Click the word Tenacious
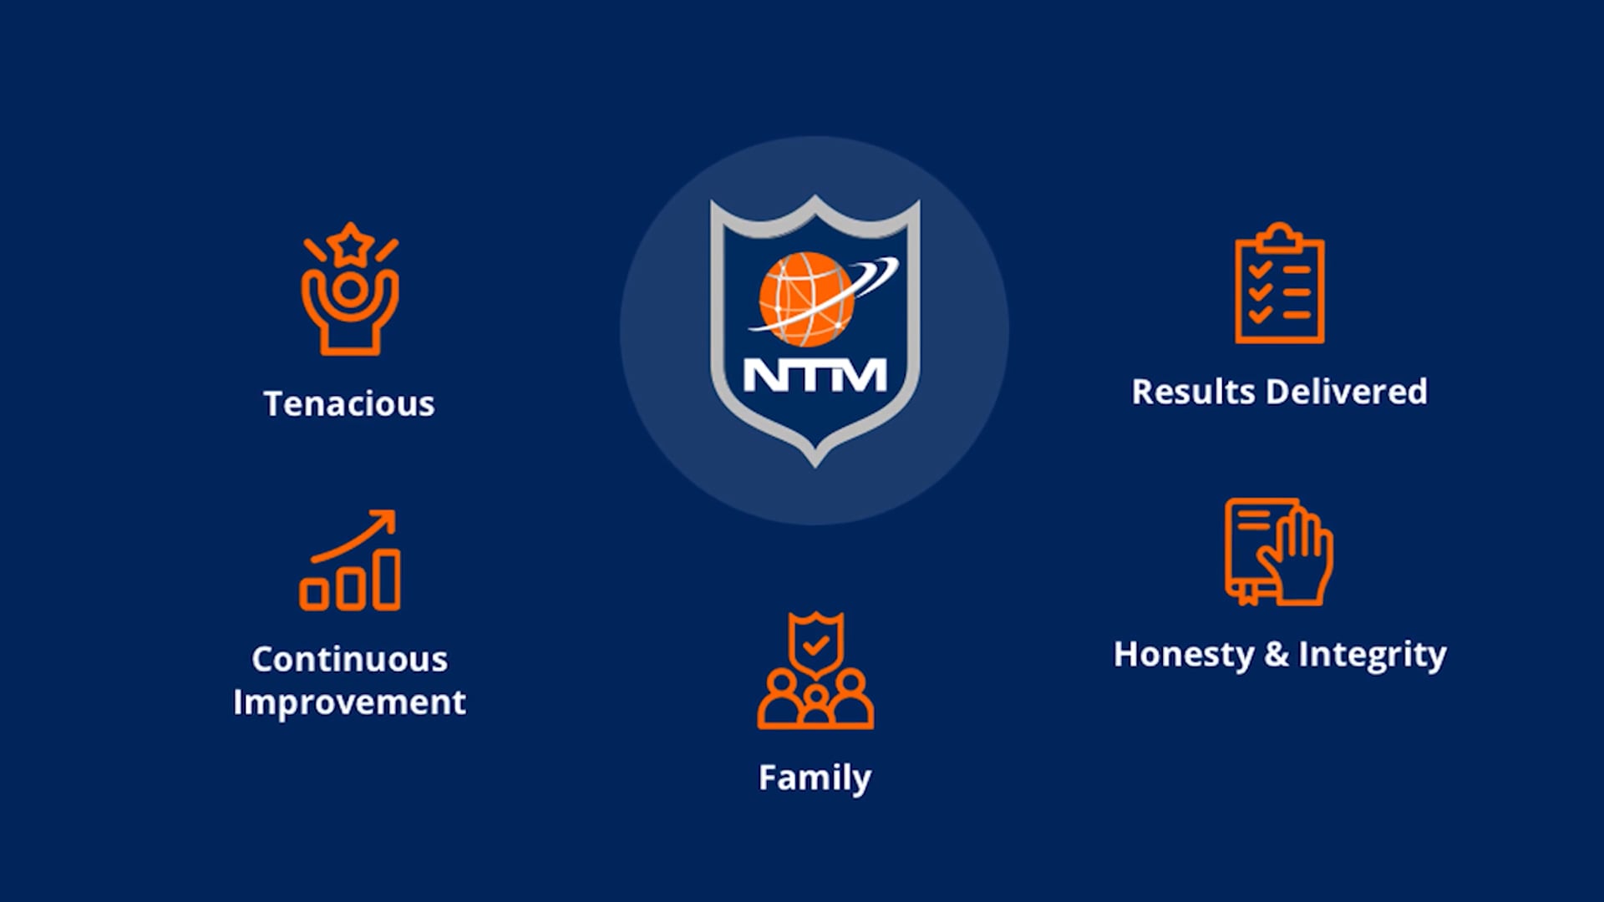tap(349, 404)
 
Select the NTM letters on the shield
tap(815, 375)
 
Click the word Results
tap(1192, 392)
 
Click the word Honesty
tap(1183, 655)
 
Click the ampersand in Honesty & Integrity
tap(1276, 655)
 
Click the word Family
tap(815, 778)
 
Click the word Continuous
tap(349, 660)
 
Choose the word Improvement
tap(349, 702)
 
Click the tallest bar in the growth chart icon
tap(386, 579)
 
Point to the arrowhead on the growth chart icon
tap(385, 520)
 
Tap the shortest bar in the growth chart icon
tap(314, 594)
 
